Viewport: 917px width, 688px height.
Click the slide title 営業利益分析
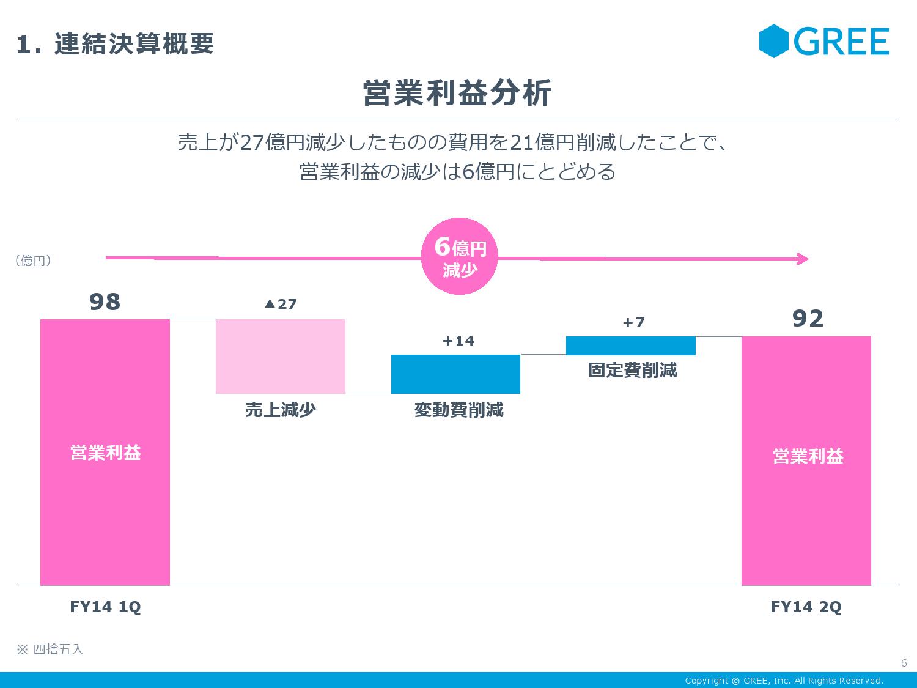[457, 94]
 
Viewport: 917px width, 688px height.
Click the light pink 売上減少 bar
[281, 356]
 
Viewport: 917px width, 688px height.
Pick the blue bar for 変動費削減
[455, 374]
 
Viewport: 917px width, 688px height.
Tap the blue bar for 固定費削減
[631, 346]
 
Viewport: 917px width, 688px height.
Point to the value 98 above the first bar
[105, 302]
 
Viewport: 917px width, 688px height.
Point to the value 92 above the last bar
[808, 319]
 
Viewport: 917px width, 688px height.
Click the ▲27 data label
[281, 304]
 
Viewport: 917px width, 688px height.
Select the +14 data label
[458, 341]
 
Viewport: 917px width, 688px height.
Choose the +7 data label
[633, 322]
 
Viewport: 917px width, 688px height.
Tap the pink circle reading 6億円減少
[460, 257]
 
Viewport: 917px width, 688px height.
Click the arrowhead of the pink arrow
[803, 259]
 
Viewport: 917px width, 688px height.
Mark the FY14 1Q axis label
[105, 607]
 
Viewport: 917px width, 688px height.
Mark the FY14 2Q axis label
[806, 607]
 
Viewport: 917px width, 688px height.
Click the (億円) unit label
[33, 261]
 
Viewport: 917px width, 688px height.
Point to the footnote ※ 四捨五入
[50, 649]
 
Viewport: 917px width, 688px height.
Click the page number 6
[904, 664]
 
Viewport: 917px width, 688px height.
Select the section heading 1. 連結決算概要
[116, 44]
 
